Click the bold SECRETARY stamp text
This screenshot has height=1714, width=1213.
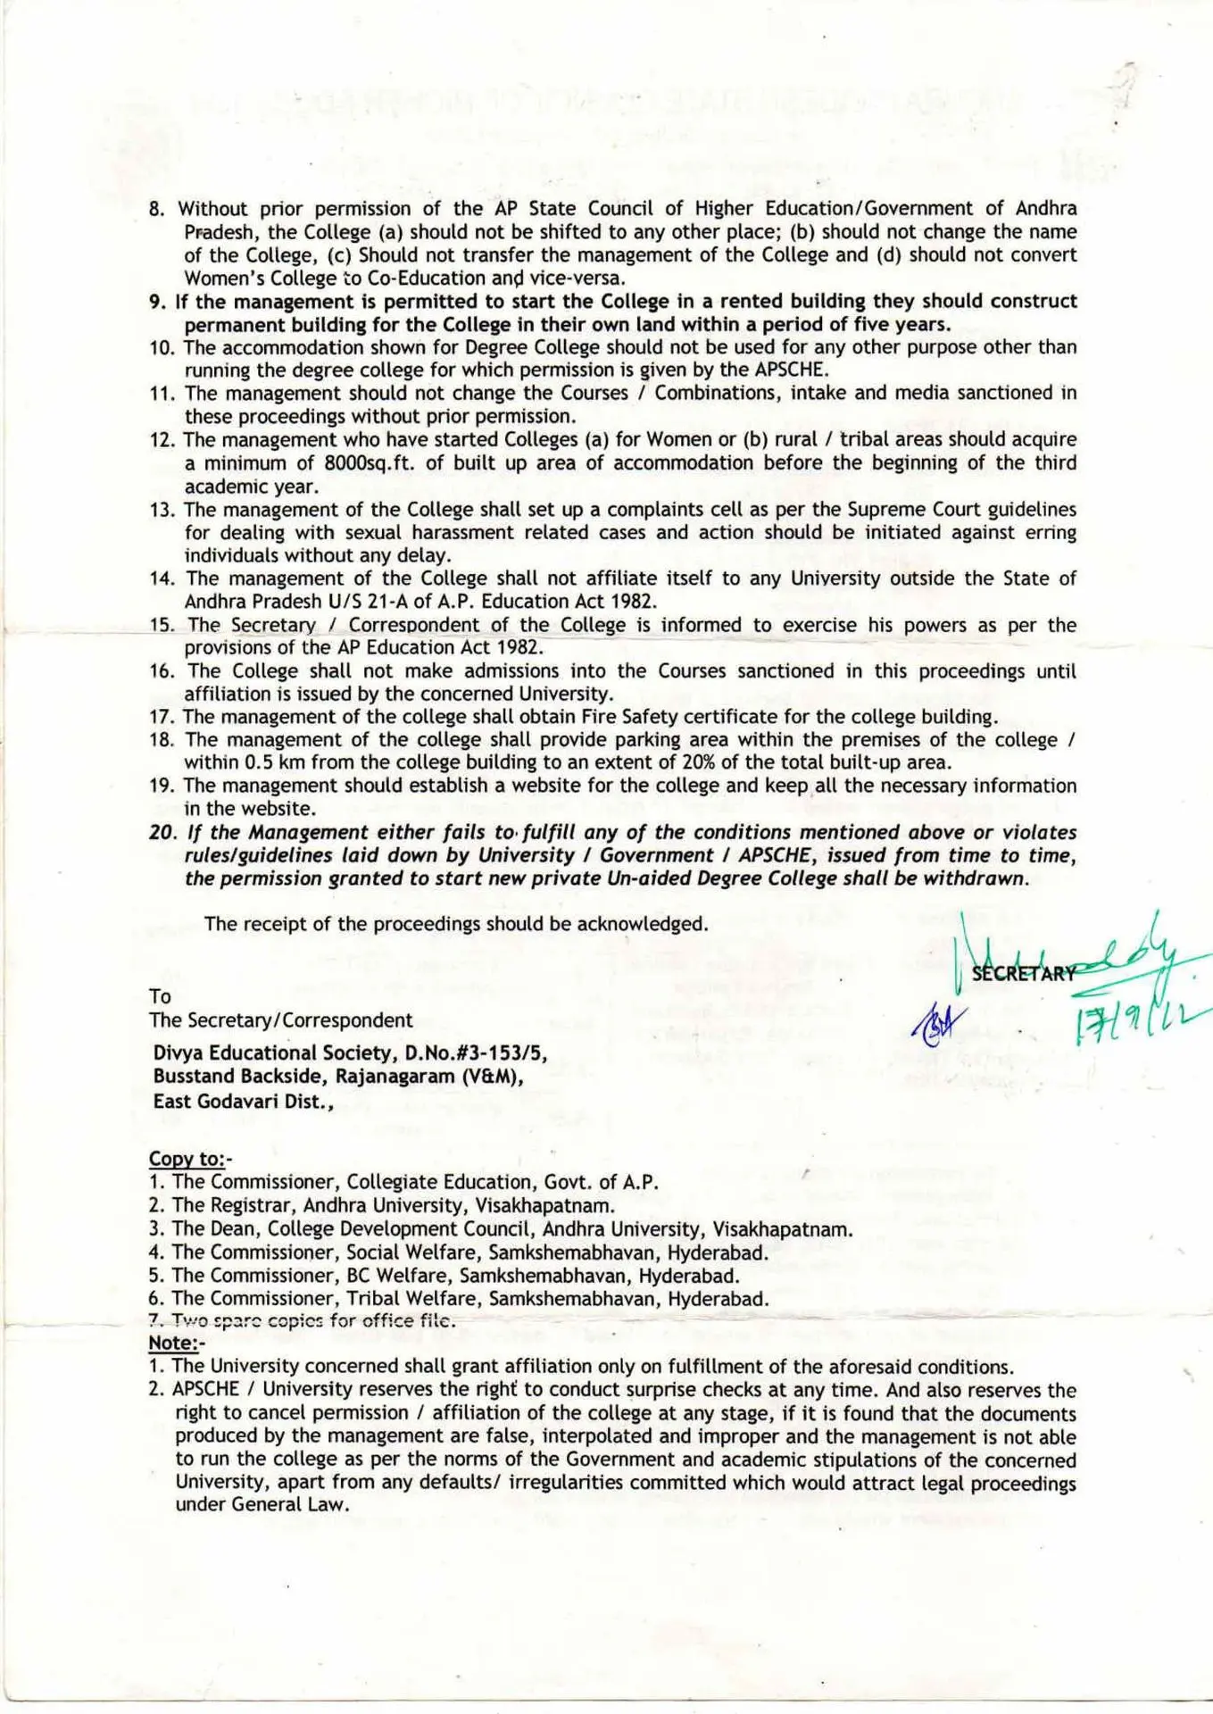(1023, 974)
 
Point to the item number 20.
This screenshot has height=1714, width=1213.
(164, 833)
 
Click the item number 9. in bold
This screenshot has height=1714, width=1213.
(158, 302)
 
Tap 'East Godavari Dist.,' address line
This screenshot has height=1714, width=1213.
(243, 1102)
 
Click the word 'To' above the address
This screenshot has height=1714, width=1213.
(161, 997)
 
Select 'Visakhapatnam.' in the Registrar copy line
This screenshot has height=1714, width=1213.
(544, 1206)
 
